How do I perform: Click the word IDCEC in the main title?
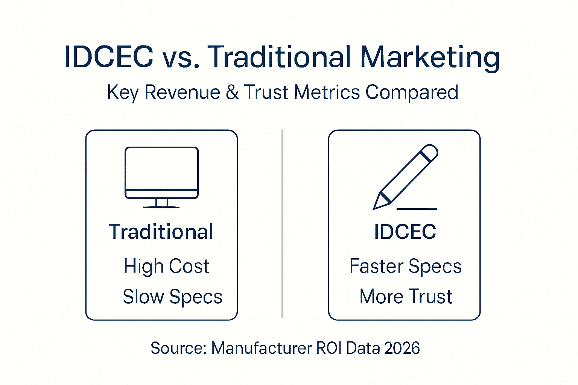click(x=109, y=57)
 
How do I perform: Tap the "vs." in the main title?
click(x=181, y=57)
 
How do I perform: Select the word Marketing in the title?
click(x=430, y=58)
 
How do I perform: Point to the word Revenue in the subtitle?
click(x=182, y=92)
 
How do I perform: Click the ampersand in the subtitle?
click(x=232, y=92)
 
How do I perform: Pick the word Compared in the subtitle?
click(x=412, y=92)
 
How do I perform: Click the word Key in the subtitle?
click(x=123, y=92)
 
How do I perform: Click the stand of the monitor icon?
click(x=161, y=203)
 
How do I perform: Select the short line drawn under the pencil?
click(x=417, y=208)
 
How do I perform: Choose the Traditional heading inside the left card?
click(x=161, y=231)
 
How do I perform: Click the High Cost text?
click(x=166, y=266)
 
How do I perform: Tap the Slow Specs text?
click(x=172, y=297)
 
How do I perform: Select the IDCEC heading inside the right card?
click(x=405, y=231)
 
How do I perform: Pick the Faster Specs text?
click(x=405, y=266)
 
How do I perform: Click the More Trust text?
click(x=406, y=297)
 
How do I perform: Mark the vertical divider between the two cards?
click(x=282, y=224)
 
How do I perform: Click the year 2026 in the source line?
click(x=402, y=348)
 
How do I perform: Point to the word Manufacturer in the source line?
click(x=262, y=348)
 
